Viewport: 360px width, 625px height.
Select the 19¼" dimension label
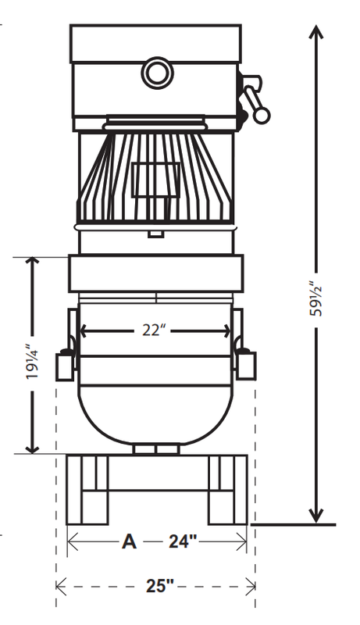coord(32,361)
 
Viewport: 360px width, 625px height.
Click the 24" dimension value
coord(183,541)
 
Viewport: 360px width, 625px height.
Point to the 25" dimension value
coord(160,586)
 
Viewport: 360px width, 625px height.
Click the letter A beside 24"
coord(129,541)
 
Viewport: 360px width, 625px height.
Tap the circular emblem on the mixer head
coord(157,73)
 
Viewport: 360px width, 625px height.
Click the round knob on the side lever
coord(262,115)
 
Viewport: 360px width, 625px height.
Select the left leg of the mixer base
coord(87,490)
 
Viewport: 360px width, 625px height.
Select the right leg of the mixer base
coord(228,490)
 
